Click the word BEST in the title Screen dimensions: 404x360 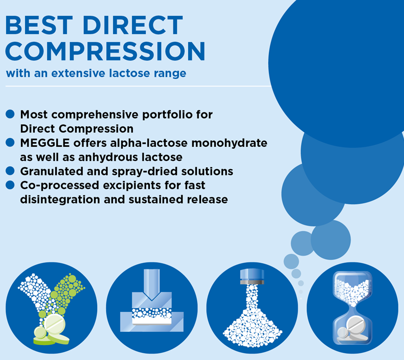click(x=39, y=25)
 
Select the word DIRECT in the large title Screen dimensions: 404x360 click(x=133, y=25)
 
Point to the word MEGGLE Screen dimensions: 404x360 click(x=45, y=143)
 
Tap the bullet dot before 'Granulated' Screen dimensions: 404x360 click(x=10, y=171)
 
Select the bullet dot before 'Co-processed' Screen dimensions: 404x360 click(x=10, y=185)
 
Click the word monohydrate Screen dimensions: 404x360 click(x=229, y=143)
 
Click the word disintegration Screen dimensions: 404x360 click(x=60, y=200)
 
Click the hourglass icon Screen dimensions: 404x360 click(x=352, y=308)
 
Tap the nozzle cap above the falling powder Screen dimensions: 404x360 click(x=252, y=277)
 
